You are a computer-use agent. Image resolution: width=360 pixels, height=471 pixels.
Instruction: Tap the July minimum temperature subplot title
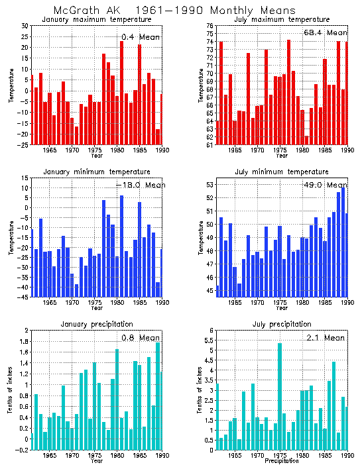281,172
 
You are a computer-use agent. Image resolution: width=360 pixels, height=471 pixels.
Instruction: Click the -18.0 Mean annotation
139,185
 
